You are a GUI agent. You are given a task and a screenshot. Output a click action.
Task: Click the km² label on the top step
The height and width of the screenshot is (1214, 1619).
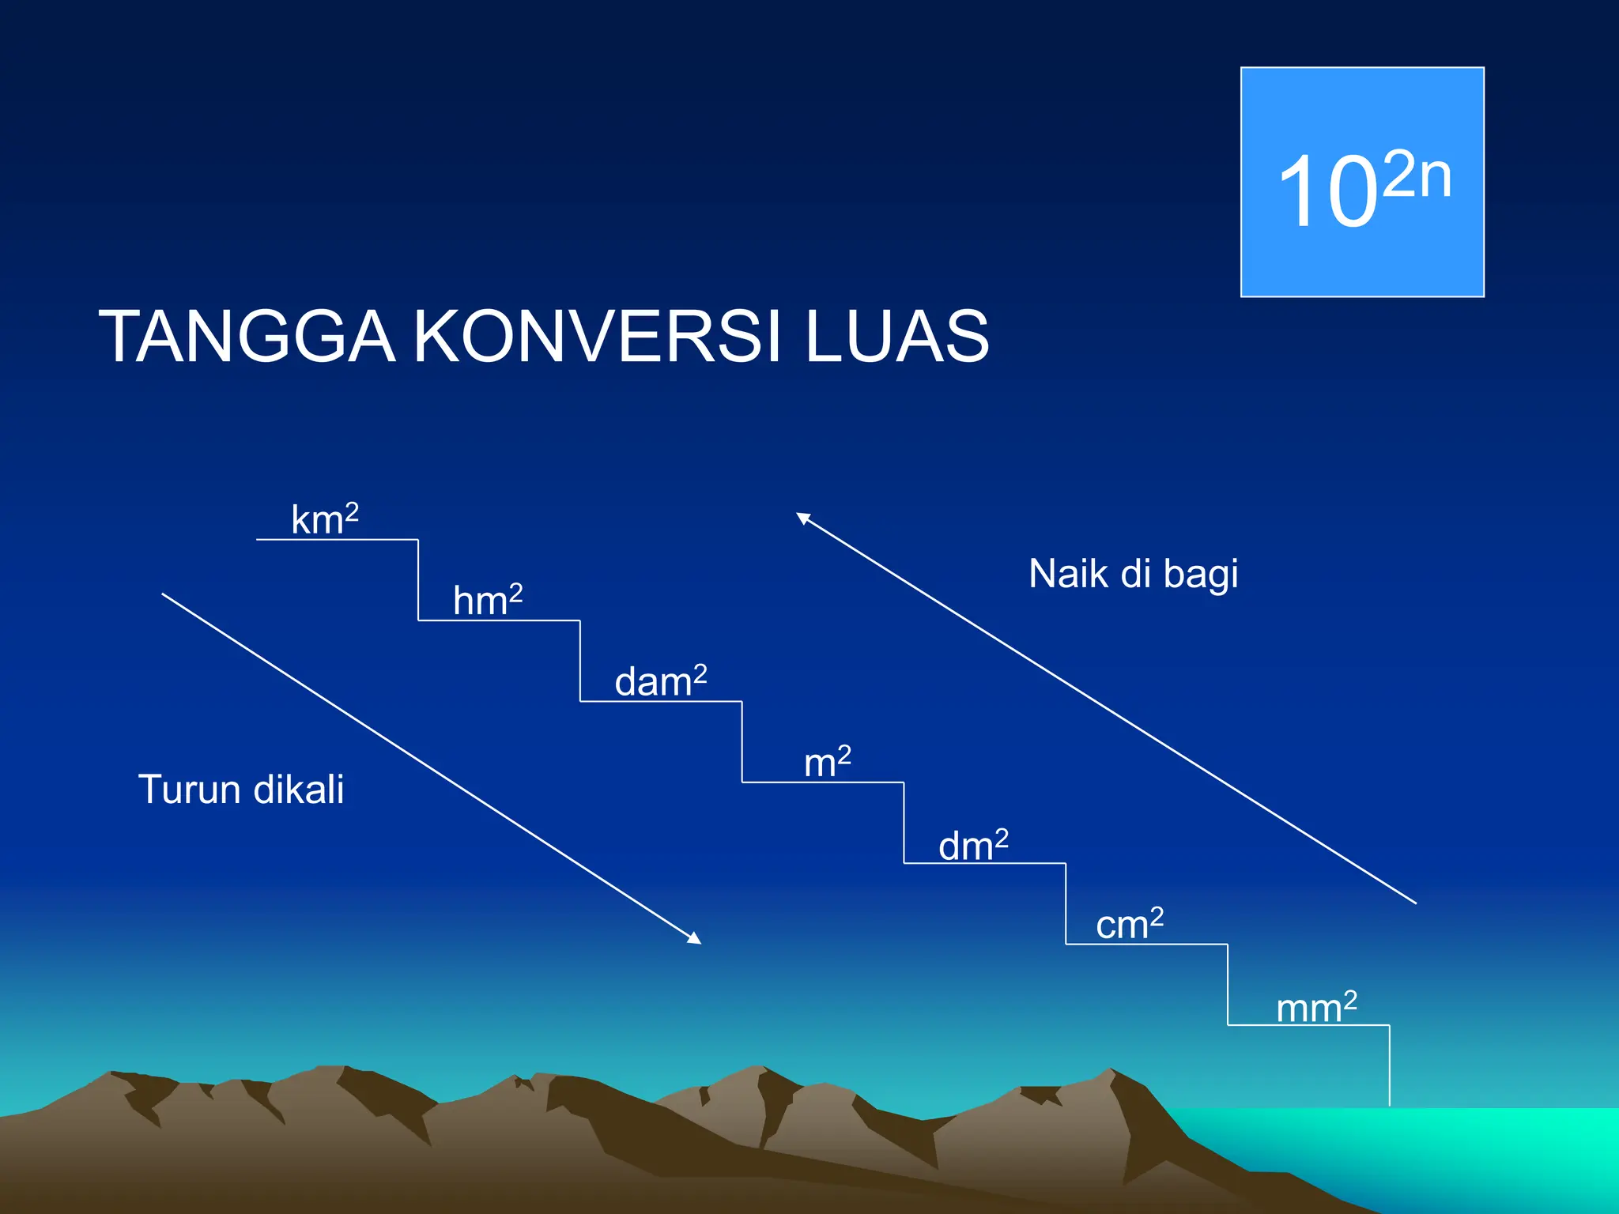[x=324, y=519]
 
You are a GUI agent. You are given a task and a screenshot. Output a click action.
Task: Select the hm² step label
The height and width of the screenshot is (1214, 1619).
[x=487, y=600]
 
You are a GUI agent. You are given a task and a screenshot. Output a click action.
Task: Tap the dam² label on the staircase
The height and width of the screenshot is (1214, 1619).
[x=660, y=681]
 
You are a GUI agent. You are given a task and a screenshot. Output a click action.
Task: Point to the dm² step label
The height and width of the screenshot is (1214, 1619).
[x=972, y=845]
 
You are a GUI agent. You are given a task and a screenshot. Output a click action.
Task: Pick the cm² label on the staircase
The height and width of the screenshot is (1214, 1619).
[x=1129, y=924]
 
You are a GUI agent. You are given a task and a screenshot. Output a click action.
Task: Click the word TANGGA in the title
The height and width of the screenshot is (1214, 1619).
[x=246, y=337]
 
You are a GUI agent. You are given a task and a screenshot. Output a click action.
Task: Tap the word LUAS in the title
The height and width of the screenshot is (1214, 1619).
[x=896, y=337]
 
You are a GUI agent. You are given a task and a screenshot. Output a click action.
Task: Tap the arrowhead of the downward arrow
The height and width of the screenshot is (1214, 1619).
[x=695, y=939]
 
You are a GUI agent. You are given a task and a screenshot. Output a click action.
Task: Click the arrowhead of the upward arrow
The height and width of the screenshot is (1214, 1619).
[x=802, y=518]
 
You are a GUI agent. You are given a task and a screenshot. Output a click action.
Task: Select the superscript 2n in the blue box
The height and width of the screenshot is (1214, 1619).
[x=1417, y=175]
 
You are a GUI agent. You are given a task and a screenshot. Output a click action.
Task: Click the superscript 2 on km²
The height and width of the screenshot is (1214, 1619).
[x=352, y=512]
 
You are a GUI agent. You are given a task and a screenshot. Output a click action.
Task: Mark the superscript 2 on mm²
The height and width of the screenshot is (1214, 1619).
[x=1350, y=1000]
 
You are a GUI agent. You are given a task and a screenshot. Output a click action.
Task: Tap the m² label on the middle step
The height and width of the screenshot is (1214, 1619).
[x=827, y=763]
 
